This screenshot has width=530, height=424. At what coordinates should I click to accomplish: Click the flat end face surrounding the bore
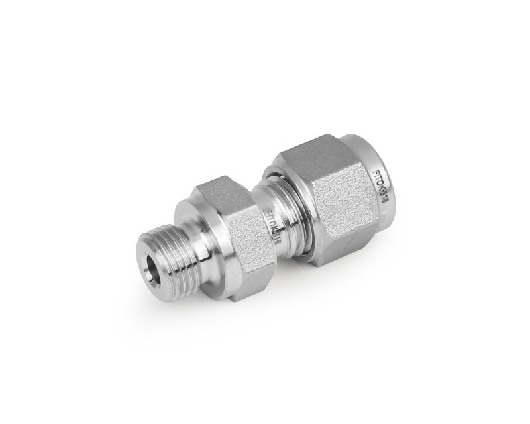pyautogui.click(x=147, y=268)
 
